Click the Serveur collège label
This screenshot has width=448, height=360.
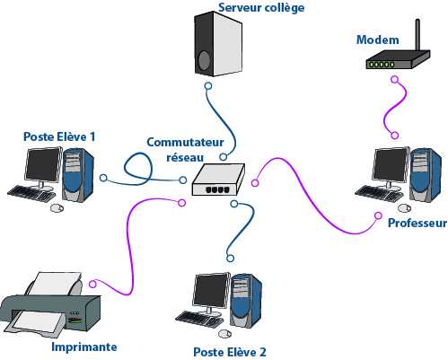pyautogui.click(x=261, y=8)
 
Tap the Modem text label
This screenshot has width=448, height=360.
pyautogui.click(x=378, y=40)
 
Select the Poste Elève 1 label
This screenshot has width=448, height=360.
pyautogui.click(x=59, y=136)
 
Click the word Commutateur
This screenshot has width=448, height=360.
pyautogui.click(x=185, y=142)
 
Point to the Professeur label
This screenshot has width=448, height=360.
pyautogui.click(x=417, y=223)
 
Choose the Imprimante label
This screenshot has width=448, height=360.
pyautogui.click(x=84, y=347)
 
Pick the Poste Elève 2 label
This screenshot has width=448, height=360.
pyautogui.click(x=230, y=352)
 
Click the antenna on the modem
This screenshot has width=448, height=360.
pyautogui.click(x=417, y=35)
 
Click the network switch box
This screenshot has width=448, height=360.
pyautogui.click(x=218, y=180)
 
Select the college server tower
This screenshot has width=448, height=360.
pyautogui.click(x=218, y=44)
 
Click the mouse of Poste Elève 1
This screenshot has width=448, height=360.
pyautogui.click(x=57, y=208)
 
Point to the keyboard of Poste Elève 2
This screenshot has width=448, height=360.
pyautogui.click(x=199, y=319)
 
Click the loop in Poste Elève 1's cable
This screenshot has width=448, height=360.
pyautogui.click(x=138, y=169)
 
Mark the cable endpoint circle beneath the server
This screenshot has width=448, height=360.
pyautogui.click(x=208, y=86)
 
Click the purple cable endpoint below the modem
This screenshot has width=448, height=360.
pyautogui.click(x=395, y=80)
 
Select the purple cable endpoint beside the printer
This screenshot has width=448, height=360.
pyautogui.click(x=92, y=284)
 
